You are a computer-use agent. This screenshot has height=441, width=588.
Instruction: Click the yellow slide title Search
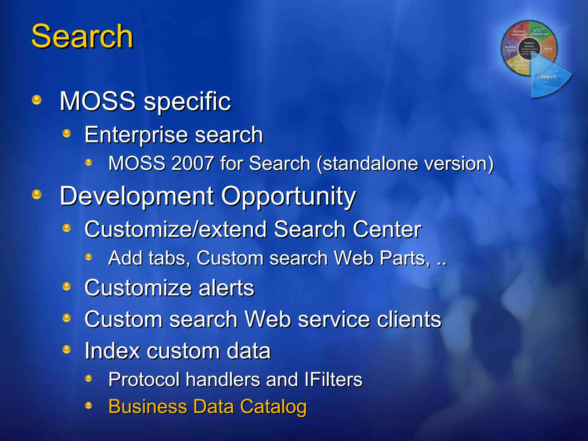82,36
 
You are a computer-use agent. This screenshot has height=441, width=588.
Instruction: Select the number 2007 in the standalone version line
192,163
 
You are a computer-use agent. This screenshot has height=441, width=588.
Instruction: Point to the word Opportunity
288,196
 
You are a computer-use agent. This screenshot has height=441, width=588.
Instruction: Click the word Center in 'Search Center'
387,229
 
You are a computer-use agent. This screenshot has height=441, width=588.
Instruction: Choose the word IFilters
333,380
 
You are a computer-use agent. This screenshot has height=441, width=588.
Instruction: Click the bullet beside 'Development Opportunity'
37,194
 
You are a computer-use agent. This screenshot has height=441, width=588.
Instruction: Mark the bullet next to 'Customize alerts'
67,286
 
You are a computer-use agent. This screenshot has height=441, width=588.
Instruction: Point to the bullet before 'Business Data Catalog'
89,405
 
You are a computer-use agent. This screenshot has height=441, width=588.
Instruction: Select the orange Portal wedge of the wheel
548,49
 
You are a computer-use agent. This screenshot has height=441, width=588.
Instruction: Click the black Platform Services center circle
529,48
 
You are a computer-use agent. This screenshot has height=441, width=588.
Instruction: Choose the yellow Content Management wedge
519,65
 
